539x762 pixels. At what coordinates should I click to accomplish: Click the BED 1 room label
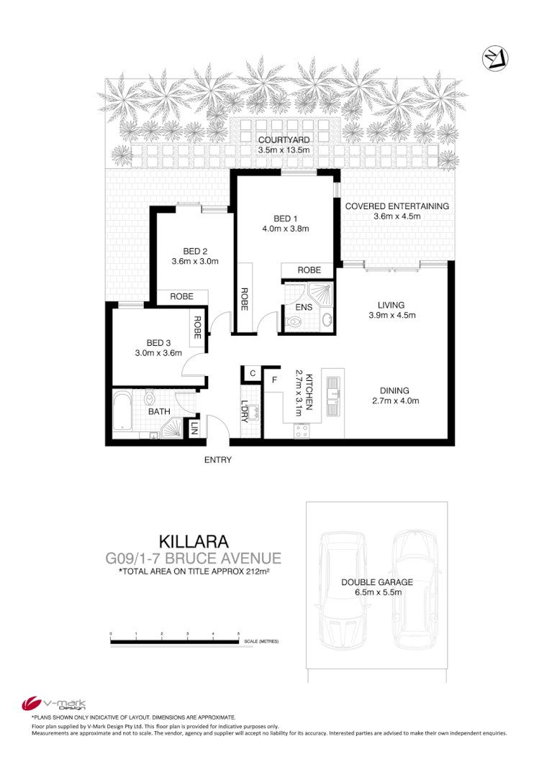tap(285, 219)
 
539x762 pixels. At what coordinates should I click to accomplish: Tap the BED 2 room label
tap(195, 251)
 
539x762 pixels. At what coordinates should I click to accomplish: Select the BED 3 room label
tap(158, 342)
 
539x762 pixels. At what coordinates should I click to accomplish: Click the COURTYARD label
tap(284, 139)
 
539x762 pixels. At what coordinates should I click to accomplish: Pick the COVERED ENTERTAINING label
tap(397, 206)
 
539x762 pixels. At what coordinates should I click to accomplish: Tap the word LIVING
tap(391, 305)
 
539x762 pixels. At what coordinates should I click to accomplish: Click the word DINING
tap(394, 391)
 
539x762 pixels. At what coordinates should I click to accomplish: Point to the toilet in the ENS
tap(294, 323)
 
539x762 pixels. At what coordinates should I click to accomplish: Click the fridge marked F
tap(274, 379)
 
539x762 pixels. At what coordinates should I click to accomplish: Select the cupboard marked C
tap(252, 373)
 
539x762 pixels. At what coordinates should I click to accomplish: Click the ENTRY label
tap(217, 460)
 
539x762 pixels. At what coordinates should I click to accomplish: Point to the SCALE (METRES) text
tap(261, 641)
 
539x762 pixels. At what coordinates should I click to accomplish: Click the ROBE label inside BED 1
tap(309, 270)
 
